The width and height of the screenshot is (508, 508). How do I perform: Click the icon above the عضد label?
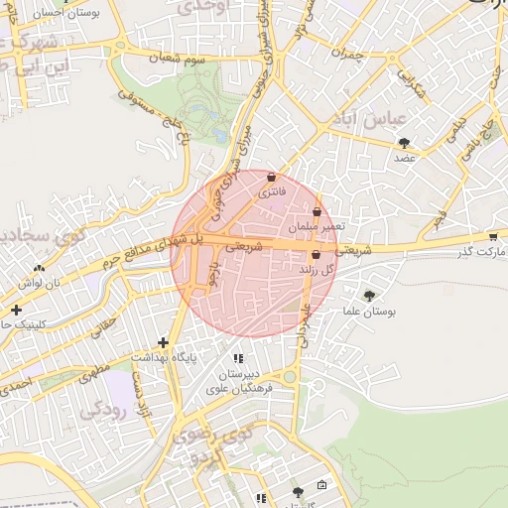pyautogui.click(x=405, y=144)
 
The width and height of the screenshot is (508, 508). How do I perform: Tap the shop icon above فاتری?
pyautogui.click(x=272, y=177)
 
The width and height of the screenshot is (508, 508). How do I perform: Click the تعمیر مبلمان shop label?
pyautogui.click(x=317, y=226)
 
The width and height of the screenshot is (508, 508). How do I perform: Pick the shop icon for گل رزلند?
pyautogui.click(x=316, y=255)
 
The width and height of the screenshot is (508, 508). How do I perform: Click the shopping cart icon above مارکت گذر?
pyautogui.click(x=493, y=236)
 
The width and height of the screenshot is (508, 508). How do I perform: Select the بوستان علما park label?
pyautogui.click(x=372, y=311)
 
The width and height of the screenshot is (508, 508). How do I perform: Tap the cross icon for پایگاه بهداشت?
pyautogui.click(x=177, y=342)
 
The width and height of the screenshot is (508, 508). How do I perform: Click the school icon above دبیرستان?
pyautogui.click(x=237, y=359)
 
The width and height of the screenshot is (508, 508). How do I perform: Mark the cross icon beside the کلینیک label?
pyautogui.click(x=15, y=310)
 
